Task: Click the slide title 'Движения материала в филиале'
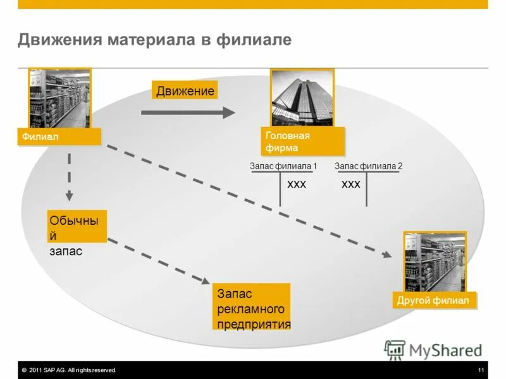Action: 154,40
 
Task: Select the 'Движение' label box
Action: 185,91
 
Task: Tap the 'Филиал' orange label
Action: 59,136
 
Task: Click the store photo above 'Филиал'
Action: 59,98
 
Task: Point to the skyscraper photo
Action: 302,97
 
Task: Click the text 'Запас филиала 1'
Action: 283,166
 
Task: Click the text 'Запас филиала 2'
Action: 368,166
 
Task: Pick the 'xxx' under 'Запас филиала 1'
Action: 296,184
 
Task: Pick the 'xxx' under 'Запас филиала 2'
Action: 350,184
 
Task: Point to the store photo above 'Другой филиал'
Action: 435,262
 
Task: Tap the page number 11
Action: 481,370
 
